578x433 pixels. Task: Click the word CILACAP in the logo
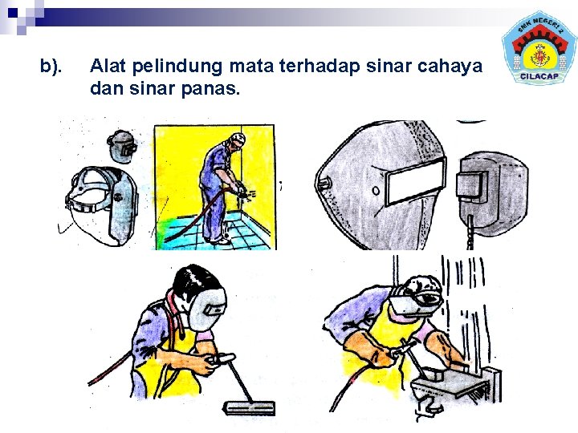click(539, 77)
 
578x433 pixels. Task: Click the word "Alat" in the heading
click(108, 66)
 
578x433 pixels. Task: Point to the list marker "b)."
click(51, 67)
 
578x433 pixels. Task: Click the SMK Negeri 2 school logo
click(539, 48)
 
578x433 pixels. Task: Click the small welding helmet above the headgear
click(122, 146)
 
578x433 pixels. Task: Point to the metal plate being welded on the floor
click(249, 407)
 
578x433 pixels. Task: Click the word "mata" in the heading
click(251, 67)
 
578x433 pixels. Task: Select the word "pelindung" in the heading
click(177, 67)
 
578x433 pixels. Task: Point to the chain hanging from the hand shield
click(470, 232)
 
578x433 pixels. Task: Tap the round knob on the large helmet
click(376, 191)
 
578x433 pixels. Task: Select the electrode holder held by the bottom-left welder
click(222, 359)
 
